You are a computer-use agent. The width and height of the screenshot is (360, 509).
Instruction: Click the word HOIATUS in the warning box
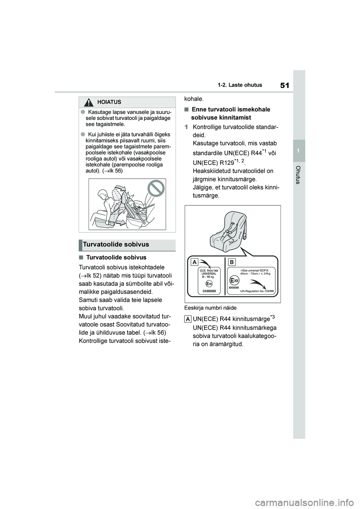click(109, 102)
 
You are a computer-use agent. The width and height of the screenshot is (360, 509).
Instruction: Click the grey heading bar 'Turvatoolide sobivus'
click(127, 245)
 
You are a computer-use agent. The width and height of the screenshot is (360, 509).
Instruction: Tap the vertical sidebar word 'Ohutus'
click(298, 175)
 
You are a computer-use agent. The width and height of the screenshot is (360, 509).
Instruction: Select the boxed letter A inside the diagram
click(195, 262)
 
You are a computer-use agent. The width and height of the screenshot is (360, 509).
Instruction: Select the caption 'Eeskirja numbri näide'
click(210, 308)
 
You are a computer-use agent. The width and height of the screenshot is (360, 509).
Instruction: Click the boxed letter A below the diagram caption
click(188, 319)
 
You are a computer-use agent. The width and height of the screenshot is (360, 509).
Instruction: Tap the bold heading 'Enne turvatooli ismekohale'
click(231, 109)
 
